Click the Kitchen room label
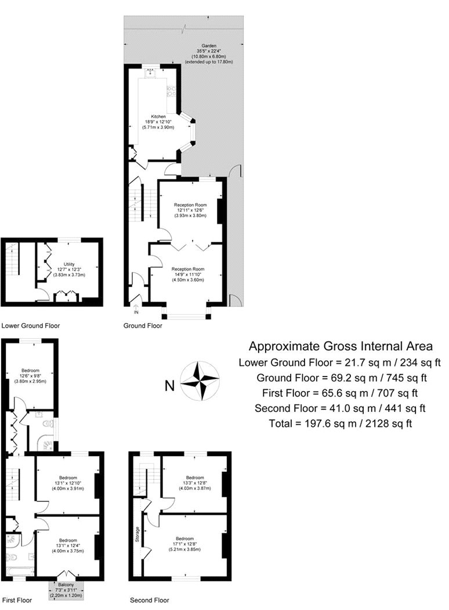[158, 116]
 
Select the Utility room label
[69, 264]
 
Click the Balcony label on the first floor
[66, 584]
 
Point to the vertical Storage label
[137, 534]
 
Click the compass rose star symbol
[200, 381]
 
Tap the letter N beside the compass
[170, 386]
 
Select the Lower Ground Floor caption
[31, 325]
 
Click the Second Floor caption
[150, 600]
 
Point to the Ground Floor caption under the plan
[143, 325]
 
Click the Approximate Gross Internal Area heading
[341, 346]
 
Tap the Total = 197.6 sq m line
[341, 424]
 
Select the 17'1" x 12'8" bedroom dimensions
[184, 544]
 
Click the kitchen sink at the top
[151, 72]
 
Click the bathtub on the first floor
[20, 571]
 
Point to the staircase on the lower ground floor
[12, 259]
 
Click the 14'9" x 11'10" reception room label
[188, 274]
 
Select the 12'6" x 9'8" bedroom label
[30, 376]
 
